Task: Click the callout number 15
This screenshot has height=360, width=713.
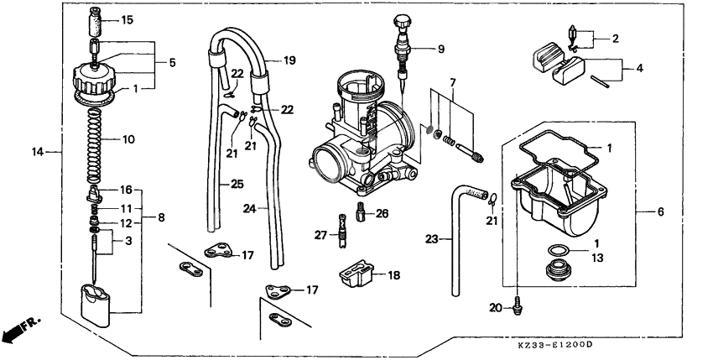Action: click(127, 19)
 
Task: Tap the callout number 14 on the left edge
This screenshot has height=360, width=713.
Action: click(36, 152)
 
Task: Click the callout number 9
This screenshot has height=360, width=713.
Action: click(441, 50)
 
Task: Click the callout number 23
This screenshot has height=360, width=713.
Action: click(431, 238)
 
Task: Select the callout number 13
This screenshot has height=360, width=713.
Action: click(599, 259)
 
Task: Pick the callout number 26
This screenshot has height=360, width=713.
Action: click(383, 213)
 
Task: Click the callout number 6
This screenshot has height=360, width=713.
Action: click(659, 213)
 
